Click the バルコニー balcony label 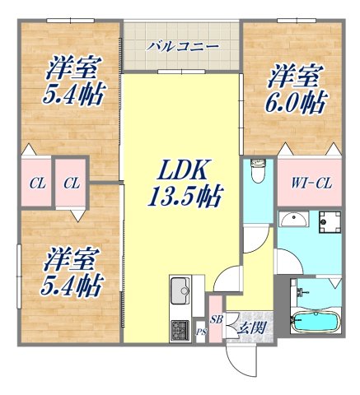click(183, 47)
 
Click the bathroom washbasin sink click(292, 220)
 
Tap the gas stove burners click(180, 331)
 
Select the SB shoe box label click(216, 319)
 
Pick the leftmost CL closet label click(37, 183)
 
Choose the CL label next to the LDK click(72, 183)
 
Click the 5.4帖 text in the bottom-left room click(72, 286)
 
